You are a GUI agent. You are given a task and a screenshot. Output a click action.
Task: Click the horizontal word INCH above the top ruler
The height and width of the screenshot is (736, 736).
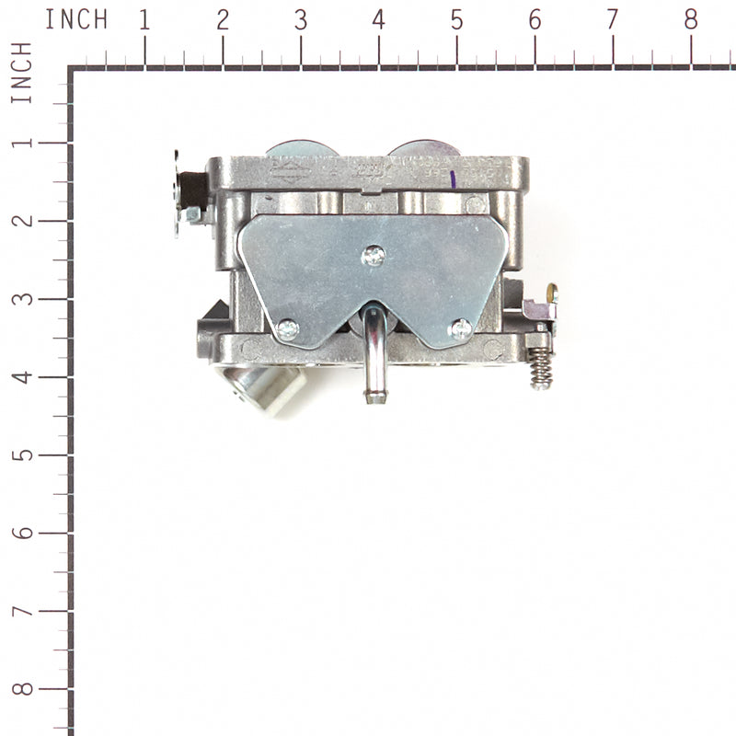76,19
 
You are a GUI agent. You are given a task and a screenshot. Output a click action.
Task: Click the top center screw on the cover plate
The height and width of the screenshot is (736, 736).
373,256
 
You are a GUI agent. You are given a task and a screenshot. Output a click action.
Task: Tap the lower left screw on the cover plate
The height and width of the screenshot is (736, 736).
288,328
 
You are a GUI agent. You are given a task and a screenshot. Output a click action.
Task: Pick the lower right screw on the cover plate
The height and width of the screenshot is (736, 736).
460,328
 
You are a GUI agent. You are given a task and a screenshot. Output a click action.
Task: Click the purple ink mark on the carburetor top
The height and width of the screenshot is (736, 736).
454,178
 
